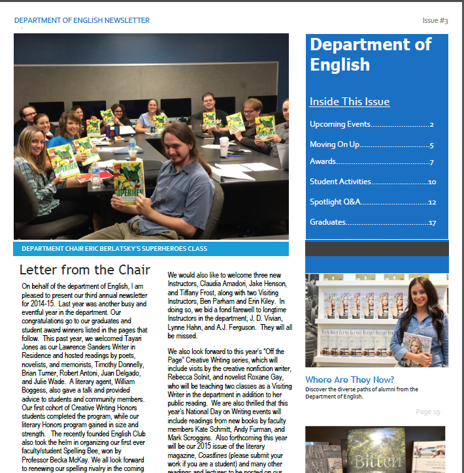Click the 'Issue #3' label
pyautogui.click(x=435, y=21)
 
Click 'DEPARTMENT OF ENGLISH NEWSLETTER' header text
pyautogui.click(x=82, y=21)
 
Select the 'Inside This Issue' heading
pyautogui.click(x=350, y=102)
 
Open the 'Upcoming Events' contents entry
pyautogui.click(x=340, y=124)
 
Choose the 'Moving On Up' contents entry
pyautogui.click(x=335, y=145)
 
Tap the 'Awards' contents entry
pyautogui.click(x=323, y=161)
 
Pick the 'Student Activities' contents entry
pyautogui.click(x=340, y=182)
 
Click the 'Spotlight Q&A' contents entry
pyautogui.click(x=335, y=202)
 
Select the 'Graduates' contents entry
pyautogui.click(x=327, y=222)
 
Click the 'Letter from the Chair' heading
pyautogui.click(x=85, y=270)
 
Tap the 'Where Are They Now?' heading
pyautogui.click(x=350, y=380)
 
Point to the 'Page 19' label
pyautogui.click(x=428, y=412)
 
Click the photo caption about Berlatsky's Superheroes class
pyautogui.click(x=114, y=249)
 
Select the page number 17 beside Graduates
pyautogui.click(x=433, y=223)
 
